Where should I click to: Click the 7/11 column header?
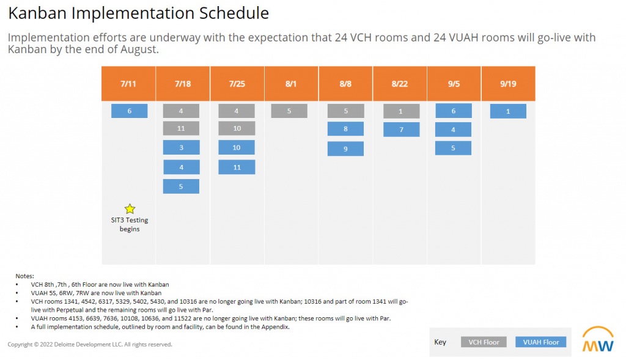(x=128, y=84)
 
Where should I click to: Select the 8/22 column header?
(x=400, y=84)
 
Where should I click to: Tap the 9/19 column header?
(x=508, y=84)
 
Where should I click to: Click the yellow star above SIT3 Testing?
(x=130, y=209)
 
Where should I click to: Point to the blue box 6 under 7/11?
(x=129, y=111)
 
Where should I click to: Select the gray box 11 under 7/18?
(x=181, y=129)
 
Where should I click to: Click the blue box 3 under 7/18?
(x=181, y=148)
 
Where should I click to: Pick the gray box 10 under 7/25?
(x=237, y=129)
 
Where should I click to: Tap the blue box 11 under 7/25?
(x=237, y=167)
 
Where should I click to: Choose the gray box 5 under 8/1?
(x=289, y=111)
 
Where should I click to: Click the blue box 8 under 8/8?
(x=345, y=129)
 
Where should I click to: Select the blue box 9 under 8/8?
(x=345, y=149)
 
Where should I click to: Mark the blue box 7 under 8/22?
(x=401, y=130)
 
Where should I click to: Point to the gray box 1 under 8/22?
(x=401, y=111)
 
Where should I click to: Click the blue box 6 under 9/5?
(x=453, y=111)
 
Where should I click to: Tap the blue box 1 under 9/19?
(x=508, y=111)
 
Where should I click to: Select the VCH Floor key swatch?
(x=484, y=342)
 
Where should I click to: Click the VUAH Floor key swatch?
(x=540, y=342)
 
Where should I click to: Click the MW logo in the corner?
(x=598, y=340)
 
